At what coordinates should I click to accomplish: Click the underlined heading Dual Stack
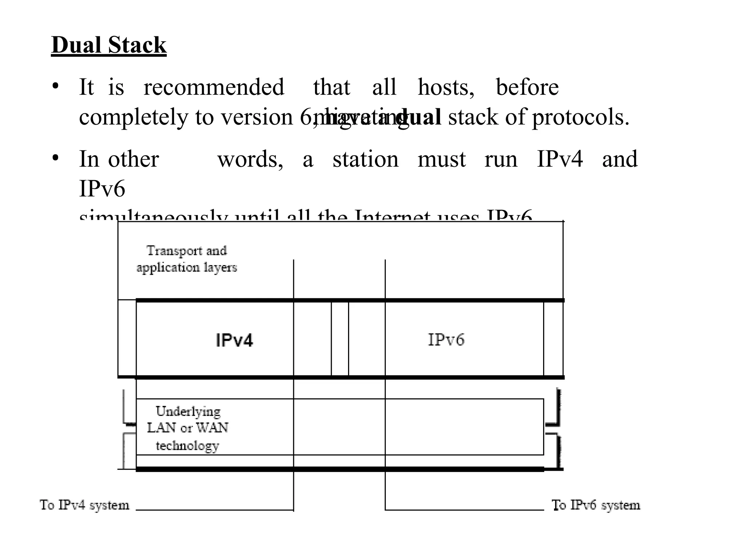(109, 45)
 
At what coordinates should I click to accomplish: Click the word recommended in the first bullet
(214, 88)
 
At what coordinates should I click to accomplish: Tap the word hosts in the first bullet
(445, 88)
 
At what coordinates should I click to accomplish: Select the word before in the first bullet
(527, 88)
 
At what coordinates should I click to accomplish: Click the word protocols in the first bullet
(580, 118)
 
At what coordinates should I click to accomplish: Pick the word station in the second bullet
(365, 159)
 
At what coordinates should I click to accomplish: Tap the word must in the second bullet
(441, 159)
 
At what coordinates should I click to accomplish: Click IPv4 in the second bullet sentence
(560, 159)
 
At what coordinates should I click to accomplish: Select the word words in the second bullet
(250, 159)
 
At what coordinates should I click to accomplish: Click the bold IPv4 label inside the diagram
(234, 340)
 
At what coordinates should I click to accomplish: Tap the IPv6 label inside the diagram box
(446, 340)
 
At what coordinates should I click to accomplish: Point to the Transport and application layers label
(187, 259)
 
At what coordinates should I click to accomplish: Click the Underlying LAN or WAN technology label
(187, 428)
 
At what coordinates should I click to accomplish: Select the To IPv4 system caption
(84, 505)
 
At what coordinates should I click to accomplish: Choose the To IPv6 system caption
(596, 505)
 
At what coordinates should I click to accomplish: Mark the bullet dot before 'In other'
(55, 158)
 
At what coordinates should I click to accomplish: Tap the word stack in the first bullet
(473, 118)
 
